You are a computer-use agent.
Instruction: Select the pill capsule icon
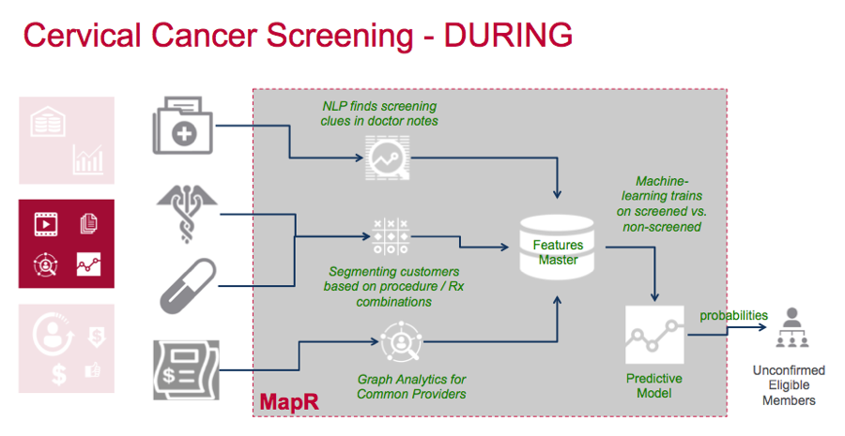pyautogui.click(x=185, y=284)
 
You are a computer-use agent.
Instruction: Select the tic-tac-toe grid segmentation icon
pyautogui.click(x=391, y=234)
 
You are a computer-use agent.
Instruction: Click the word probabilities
pyautogui.click(x=733, y=315)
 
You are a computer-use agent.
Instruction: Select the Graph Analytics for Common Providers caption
pyautogui.click(x=406, y=386)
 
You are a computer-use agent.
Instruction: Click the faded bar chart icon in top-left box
pyautogui.click(x=89, y=160)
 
